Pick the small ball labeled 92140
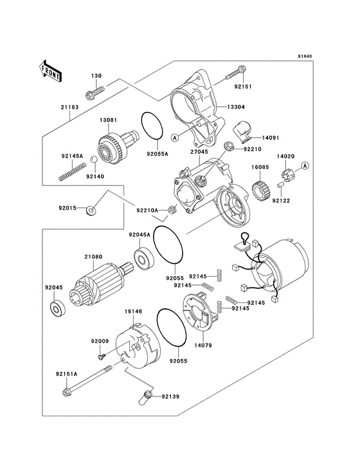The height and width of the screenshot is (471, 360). click(x=94, y=159)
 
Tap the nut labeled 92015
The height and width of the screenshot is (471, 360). click(x=92, y=210)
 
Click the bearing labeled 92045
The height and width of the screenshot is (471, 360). click(x=57, y=311)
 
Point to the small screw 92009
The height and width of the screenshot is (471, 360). click(x=100, y=355)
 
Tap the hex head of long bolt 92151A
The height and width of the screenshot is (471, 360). click(x=66, y=391)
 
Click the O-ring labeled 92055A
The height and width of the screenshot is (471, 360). click(x=151, y=126)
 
